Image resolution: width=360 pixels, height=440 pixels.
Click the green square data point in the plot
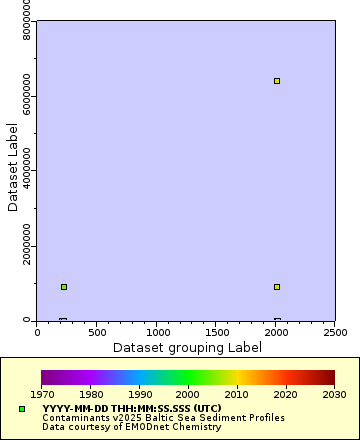[x=64, y=287]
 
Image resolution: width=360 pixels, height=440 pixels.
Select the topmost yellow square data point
[x=277, y=81]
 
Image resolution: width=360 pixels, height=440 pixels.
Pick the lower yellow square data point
[x=277, y=287]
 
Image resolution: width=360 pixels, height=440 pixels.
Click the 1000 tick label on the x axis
[x=156, y=330]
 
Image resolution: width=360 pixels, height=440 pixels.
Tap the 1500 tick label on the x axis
[x=216, y=330]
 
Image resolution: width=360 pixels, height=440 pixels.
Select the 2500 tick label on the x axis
[x=335, y=330]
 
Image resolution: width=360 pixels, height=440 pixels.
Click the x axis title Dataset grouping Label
[x=185, y=347]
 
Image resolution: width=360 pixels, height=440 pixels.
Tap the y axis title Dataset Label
[x=13, y=166]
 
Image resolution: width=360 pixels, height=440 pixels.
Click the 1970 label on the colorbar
[x=42, y=395]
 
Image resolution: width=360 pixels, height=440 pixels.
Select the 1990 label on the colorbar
[x=139, y=395]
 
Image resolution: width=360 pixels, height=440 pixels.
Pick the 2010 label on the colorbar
[x=237, y=395]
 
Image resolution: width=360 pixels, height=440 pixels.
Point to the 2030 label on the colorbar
[x=334, y=395]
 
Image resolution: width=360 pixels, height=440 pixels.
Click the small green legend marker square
[x=22, y=409]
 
